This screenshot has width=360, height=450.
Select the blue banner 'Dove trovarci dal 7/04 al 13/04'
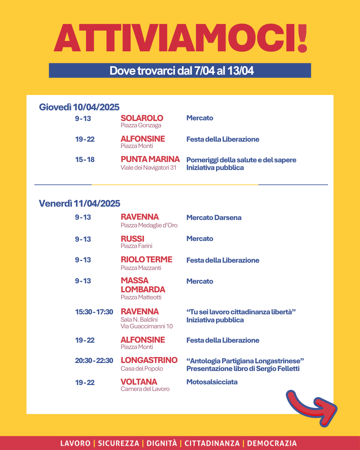click(180, 71)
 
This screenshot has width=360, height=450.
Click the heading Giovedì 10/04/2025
click(79, 107)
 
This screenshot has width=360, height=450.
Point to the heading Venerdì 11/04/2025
click(80, 203)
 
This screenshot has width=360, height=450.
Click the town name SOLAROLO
click(142, 118)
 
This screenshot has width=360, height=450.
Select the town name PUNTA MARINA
click(150, 159)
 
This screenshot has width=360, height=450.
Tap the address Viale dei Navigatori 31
click(148, 168)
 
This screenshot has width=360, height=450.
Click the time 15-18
click(85, 160)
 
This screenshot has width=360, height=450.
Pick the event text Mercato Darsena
click(214, 218)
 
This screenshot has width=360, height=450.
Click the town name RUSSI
click(132, 239)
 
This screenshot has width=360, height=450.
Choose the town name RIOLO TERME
click(146, 260)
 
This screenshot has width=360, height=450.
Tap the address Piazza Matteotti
click(141, 297)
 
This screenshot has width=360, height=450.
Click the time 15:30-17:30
click(94, 312)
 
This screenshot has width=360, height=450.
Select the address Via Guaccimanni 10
click(147, 326)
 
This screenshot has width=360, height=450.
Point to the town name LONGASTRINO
click(149, 360)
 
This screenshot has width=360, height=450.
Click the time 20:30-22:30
click(94, 361)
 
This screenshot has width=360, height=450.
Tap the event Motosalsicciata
click(212, 382)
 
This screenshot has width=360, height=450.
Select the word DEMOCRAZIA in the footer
click(272, 443)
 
